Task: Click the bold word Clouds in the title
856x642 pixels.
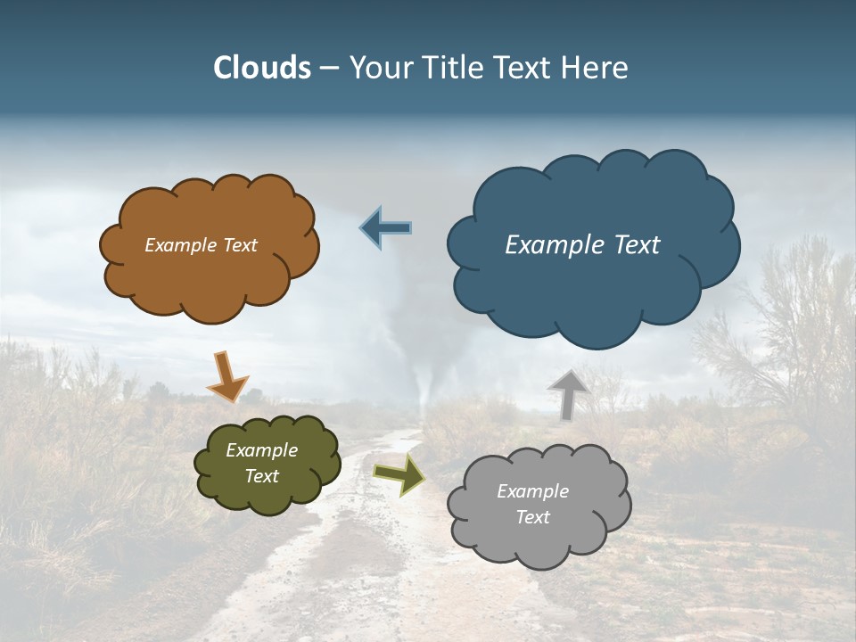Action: [262, 68]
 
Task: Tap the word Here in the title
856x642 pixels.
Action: [595, 68]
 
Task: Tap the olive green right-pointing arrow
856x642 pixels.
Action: [399, 475]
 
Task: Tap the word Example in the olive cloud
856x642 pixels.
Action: [261, 450]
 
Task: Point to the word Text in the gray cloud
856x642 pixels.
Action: [532, 517]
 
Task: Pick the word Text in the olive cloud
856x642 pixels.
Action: [261, 476]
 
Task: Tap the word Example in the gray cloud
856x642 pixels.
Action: [532, 491]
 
